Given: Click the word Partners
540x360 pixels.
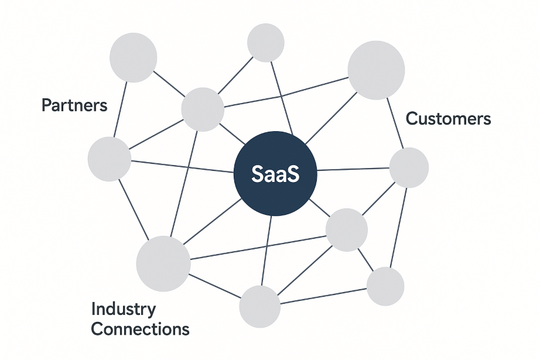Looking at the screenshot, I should tap(74, 105).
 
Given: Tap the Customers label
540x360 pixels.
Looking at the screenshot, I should tap(448, 119).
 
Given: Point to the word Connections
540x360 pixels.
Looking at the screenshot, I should tap(141, 329).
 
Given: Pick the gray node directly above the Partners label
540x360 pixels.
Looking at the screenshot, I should tap(134, 57).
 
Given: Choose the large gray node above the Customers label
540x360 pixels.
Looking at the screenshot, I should tap(376, 70).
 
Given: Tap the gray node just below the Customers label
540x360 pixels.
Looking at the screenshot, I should tap(409, 167).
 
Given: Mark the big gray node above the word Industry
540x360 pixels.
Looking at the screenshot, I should tap(163, 263).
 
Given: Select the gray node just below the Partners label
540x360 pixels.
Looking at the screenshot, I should tap(109, 159).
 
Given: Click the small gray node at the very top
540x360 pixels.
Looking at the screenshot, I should tap(266, 43).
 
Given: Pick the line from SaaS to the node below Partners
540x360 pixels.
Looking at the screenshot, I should tap(182, 167).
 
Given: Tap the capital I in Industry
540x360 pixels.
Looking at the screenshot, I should tap(94, 308).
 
